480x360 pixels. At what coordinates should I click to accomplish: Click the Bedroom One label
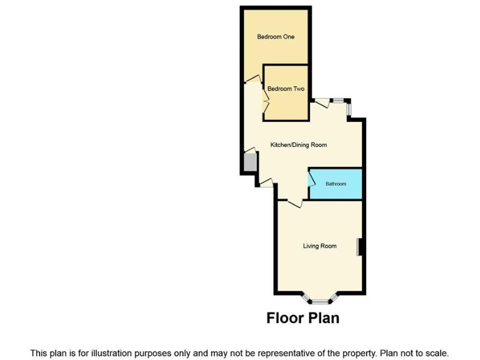276,37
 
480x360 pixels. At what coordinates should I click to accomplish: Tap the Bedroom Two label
286,89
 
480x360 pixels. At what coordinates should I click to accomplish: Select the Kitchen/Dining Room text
298,145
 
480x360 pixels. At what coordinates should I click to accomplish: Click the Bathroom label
336,184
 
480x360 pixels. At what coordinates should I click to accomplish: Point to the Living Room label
319,246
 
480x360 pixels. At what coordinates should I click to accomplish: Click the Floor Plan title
302,317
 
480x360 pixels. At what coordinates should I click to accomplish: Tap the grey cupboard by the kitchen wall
249,162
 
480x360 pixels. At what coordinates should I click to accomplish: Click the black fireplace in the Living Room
359,247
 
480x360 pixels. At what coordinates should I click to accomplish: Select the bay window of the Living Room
320,299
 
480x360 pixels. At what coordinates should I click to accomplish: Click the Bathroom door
311,179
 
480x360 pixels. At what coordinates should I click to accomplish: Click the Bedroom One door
252,79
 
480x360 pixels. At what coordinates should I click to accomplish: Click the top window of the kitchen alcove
339,101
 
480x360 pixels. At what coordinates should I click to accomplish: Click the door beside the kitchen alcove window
322,104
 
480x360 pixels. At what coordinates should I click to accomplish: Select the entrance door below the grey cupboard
266,182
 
